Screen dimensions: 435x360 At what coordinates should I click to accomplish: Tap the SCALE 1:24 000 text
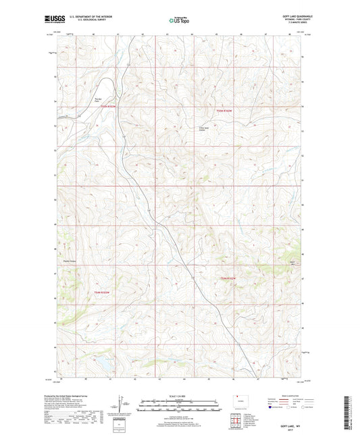click(179, 395)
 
